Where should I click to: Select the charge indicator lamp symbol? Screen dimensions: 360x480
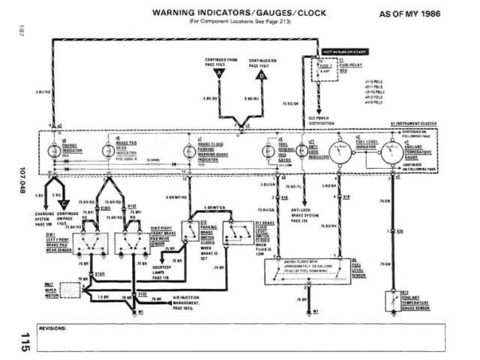point(53,153)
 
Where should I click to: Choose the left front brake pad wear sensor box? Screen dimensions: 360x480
point(94,242)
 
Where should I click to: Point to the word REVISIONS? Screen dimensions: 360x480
point(50,328)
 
